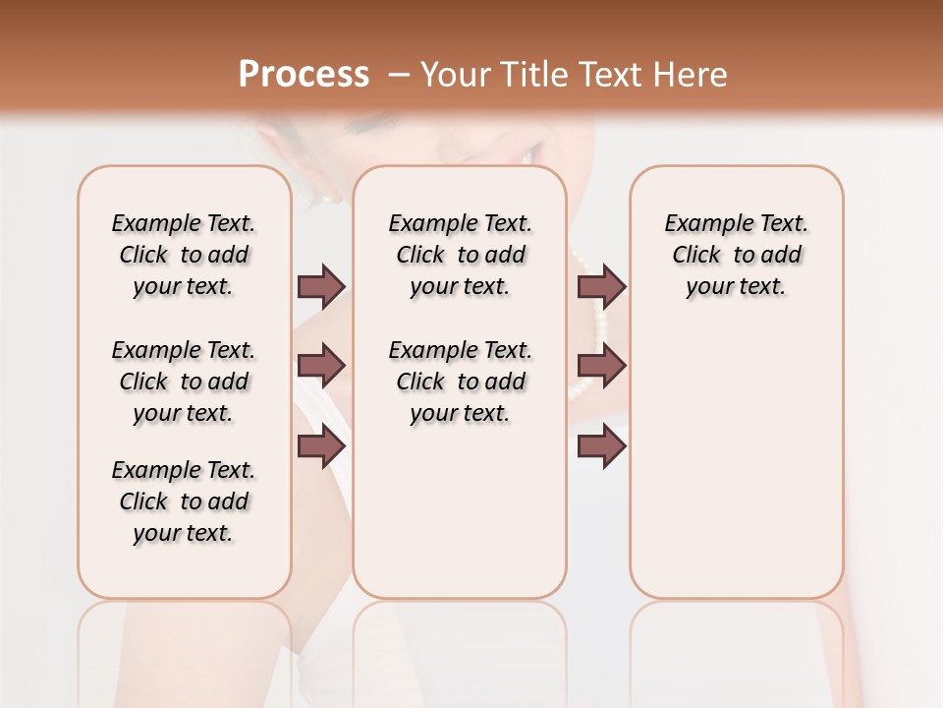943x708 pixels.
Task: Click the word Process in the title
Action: click(304, 75)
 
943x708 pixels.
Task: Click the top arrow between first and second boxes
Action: click(321, 286)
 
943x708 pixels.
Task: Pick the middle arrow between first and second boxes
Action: click(321, 366)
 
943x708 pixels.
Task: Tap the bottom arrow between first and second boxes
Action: click(321, 446)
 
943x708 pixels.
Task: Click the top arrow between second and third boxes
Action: click(601, 286)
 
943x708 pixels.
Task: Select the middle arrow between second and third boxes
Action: click(601, 366)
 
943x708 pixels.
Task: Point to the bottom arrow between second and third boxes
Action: click(601, 446)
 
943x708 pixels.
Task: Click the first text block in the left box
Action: click(184, 255)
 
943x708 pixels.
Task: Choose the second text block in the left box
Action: click(184, 382)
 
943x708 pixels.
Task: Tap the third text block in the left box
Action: click(184, 501)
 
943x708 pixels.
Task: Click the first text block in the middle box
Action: click(460, 255)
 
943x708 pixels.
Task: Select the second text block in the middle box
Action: click(460, 382)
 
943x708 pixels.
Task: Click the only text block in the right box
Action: click(736, 255)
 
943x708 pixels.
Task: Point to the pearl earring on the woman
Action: click(328, 198)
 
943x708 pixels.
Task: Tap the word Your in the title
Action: click(453, 75)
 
